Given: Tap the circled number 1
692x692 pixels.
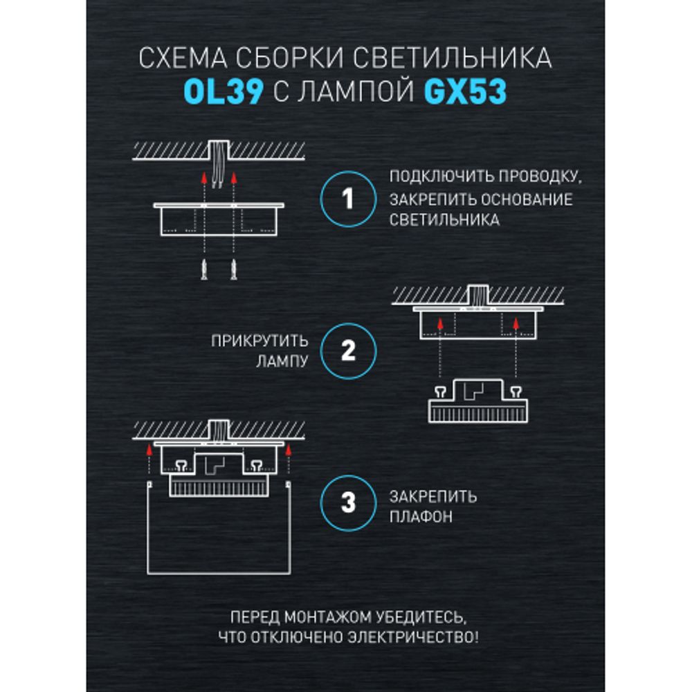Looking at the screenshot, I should tap(348, 200).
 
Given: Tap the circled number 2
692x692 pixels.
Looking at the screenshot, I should tap(348, 351).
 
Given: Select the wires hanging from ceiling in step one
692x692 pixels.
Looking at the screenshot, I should tap(220, 166).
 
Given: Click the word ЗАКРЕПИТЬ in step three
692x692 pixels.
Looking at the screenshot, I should tap(433, 496).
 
